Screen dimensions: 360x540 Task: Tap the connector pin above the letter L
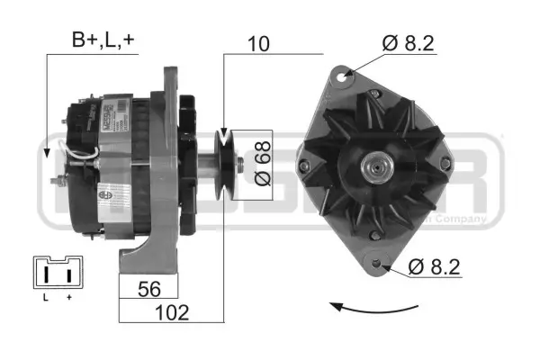(46, 273)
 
